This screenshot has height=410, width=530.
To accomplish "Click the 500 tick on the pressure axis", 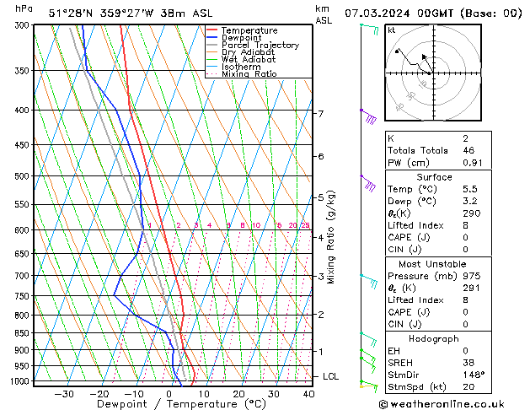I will click(22, 176).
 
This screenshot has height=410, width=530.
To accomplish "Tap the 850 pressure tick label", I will click(22, 333).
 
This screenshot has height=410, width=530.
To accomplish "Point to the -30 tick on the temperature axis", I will click(64, 393).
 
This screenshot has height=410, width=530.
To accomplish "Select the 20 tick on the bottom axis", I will click(239, 393).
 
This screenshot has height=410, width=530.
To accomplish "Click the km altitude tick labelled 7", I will click(320, 113).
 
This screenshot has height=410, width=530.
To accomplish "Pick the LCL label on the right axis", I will click(331, 376).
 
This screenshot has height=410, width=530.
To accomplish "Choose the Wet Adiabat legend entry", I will click(248, 59).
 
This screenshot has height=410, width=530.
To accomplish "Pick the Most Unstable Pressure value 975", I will click(472, 276).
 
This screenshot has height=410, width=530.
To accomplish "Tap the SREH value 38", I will click(468, 362).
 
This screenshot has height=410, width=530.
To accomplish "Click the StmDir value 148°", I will click(473, 375).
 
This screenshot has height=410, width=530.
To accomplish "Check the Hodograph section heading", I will click(435, 337).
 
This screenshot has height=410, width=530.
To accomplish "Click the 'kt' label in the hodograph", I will click(391, 30).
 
